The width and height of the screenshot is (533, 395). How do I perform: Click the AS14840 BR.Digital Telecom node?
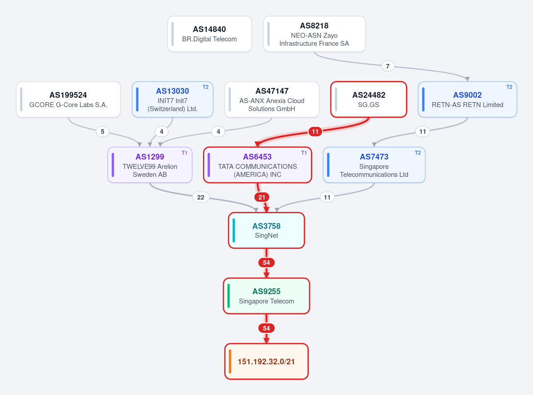[210, 34]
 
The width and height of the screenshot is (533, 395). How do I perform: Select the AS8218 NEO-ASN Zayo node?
[314, 34]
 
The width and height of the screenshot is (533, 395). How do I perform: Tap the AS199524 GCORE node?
[68, 100]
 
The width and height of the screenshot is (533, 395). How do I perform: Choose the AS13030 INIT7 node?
[172, 100]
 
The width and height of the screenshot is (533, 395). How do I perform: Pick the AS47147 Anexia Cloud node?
[272, 100]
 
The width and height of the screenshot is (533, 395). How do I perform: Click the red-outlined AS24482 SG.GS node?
[369, 100]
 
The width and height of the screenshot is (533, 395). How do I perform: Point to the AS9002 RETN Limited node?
[467, 100]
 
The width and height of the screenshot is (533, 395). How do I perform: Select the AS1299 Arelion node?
[150, 165]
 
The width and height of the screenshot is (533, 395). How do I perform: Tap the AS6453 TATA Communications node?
[257, 165]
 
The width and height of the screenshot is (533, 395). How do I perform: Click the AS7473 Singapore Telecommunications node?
[374, 165]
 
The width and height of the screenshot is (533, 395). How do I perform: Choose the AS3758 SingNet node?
[266, 230]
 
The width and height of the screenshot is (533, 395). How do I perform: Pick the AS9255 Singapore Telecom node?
[266, 296]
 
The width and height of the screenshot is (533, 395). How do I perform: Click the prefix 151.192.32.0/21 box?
[266, 361]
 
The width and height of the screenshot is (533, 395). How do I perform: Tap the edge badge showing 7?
[388, 66]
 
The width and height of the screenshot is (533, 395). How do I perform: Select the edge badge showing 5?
[102, 132]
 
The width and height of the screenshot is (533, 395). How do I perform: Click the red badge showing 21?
[262, 197]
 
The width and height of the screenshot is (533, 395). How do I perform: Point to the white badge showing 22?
[201, 197]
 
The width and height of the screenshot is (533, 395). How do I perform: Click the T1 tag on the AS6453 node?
[304, 153]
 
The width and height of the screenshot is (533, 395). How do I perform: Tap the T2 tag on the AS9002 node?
[509, 87]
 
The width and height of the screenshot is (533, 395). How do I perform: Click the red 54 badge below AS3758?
[266, 263]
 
